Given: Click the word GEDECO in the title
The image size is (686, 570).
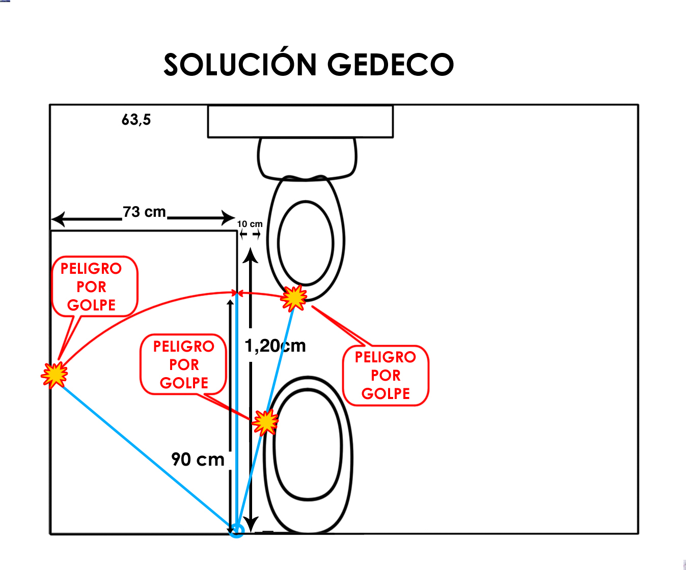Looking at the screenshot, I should coord(390,65).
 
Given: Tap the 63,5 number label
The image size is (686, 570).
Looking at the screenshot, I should coord(136,120).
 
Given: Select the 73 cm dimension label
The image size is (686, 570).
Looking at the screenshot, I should coord(144,212).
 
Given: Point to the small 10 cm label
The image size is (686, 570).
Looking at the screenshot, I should coord(250,224).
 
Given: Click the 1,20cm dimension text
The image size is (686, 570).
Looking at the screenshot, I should coord(275,346).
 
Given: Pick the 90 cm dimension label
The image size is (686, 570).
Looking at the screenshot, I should coord(198,460).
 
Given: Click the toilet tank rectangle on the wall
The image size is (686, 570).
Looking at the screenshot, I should coord(300,122).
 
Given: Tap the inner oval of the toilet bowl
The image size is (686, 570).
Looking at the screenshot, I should coord(306,243).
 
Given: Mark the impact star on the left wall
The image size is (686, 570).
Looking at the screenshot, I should coord(54,375).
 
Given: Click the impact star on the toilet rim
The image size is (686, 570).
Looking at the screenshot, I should coord(294,298).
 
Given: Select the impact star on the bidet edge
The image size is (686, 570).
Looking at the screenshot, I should coord(265,422).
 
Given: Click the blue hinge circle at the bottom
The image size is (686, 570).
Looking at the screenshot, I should coord(237,530).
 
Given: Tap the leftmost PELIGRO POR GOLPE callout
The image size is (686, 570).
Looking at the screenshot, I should coord(95,287).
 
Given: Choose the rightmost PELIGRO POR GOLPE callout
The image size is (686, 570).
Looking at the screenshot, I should coord(386,376).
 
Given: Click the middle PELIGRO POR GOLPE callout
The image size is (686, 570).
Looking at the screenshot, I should coord(183,365).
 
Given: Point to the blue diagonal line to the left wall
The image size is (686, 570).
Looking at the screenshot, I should coord(145,452).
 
